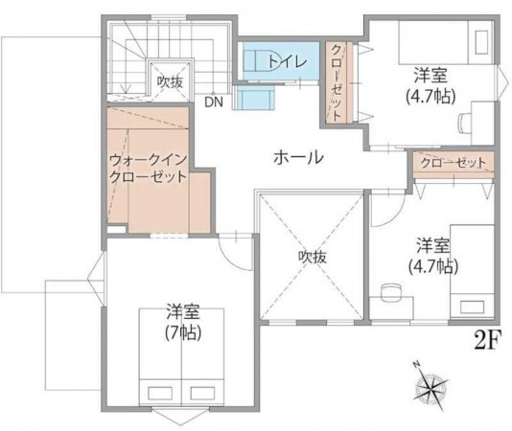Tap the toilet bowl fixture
pos(256,59)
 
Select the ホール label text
pos(298,158)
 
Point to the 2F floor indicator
pos(488,339)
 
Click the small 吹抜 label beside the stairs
pos(170,82)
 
